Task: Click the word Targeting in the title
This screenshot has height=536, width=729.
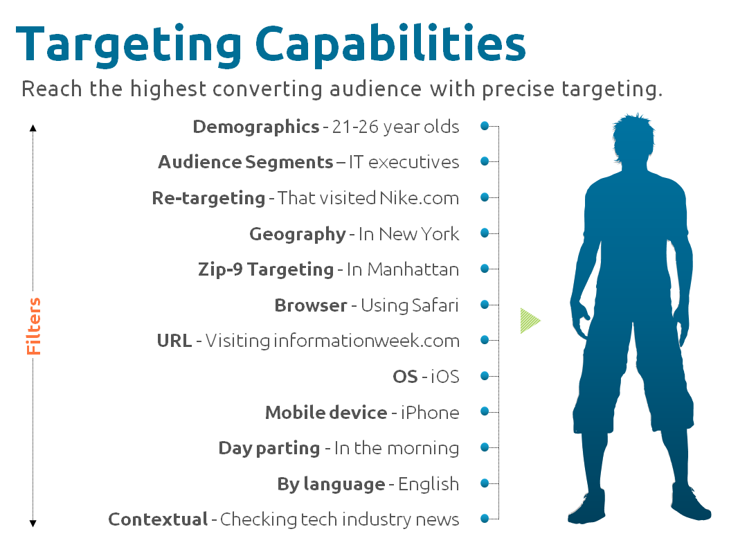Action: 129,46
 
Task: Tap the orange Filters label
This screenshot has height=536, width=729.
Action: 33,326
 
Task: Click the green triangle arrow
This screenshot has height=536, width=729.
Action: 530,321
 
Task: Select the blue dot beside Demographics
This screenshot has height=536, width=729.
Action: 485,126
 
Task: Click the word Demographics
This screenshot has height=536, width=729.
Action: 256,127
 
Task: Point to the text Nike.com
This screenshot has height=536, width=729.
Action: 419,198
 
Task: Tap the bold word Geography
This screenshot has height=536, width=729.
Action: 298,234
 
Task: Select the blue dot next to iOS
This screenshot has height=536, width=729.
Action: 485,375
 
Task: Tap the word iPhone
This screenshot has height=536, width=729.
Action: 430,412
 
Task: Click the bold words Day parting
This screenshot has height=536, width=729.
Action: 269,449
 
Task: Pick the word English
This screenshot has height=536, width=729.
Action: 429,484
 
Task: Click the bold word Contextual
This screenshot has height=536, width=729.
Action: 158,519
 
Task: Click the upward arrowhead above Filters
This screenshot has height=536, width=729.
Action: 33,128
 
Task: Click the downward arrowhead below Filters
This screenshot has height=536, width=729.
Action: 33,524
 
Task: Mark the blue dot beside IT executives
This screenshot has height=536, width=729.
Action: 485,161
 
